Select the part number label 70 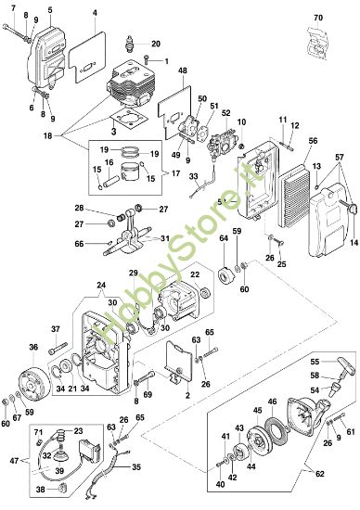point(318,18)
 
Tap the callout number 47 point(11,459)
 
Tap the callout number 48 point(183,71)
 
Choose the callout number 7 point(12,8)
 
